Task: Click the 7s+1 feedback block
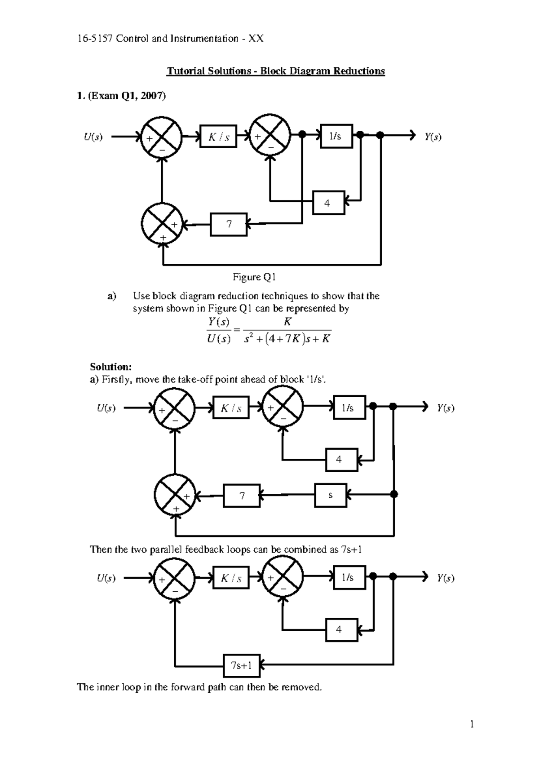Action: pos(241,666)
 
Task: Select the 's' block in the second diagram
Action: pos(331,496)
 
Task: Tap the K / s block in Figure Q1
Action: pos(219,137)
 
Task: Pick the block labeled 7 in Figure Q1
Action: pos(229,224)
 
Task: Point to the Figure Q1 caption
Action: pos(254,278)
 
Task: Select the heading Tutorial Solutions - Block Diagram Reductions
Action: pos(276,71)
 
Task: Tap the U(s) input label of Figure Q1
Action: pos(93,137)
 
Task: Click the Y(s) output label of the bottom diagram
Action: pos(446,578)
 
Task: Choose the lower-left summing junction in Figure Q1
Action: pos(162,224)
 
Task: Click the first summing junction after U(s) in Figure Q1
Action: pos(162,137)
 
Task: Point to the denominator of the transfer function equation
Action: pos(287,339)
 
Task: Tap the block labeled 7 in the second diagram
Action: pos(242,496)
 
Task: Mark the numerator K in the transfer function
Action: pos(287,322)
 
